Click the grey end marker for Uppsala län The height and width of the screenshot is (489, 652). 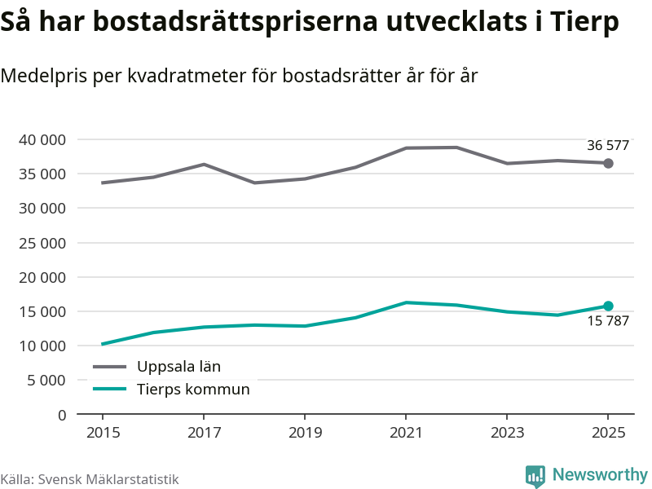click(x=608, y=163)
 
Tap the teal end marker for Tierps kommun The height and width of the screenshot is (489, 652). click(x=608, y=306)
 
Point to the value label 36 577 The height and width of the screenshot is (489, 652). click(x=608, y=146)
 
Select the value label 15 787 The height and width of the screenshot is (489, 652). click(x=608, y=321)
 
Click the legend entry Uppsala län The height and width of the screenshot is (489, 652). click(x=178, y=367)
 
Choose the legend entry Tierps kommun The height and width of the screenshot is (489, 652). click(x=193, y=390)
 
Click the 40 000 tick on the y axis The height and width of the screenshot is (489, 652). click(x=42, y=140)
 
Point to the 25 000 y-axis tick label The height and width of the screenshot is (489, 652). click(x=42, y=243)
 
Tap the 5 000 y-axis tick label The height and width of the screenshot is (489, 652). click(x=46, y=381)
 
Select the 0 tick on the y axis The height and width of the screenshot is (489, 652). click(x=61, y=415)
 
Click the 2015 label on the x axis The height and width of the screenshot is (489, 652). click(x=102, y=433)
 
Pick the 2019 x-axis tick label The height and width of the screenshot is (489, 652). click(x=304, y=433)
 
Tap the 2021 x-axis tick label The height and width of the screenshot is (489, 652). click(x=406, y=433)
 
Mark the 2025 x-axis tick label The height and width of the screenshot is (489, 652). click(x=608, y=433)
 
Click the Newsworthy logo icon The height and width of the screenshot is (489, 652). click(x=535, y=476)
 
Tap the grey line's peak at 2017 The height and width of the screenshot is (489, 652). click(x=203, y=165)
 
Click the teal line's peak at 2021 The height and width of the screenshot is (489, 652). click(x=406, y=302)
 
